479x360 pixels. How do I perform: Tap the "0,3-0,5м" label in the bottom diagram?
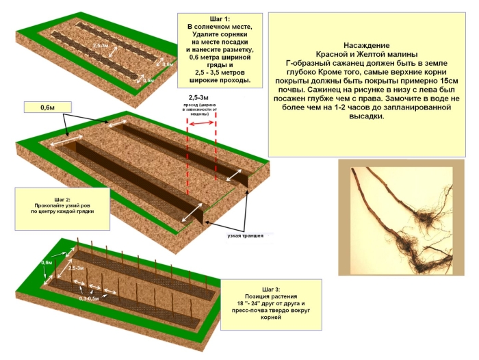tap(89, 298)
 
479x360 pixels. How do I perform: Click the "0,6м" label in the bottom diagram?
tap(47, 262)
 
